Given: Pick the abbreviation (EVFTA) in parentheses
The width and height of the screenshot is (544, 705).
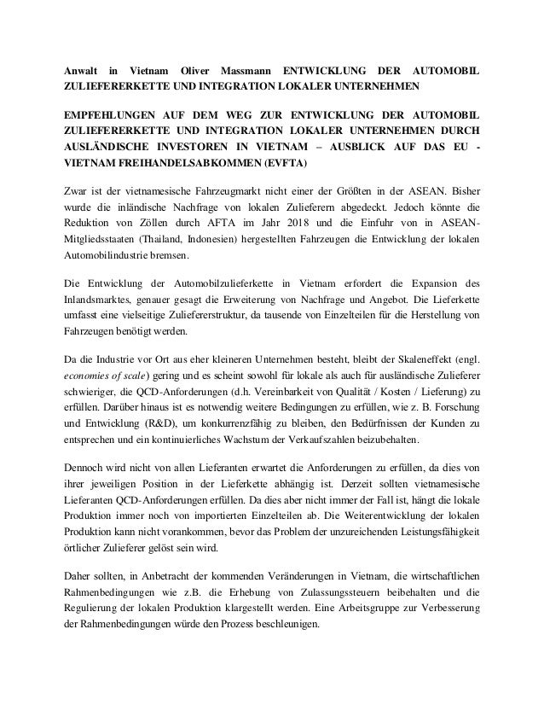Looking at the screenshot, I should click(288, 162).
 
